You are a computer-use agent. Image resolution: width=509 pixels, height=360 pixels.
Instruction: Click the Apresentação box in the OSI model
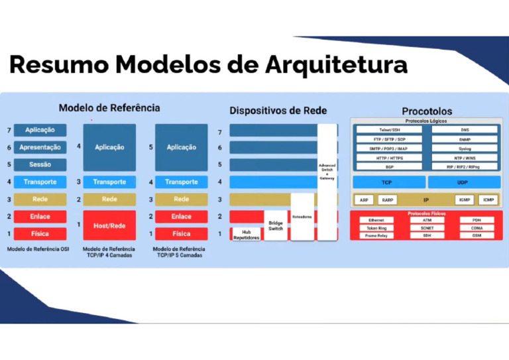click(40, 147)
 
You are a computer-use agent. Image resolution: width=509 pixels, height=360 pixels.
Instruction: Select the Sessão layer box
click(40, 164)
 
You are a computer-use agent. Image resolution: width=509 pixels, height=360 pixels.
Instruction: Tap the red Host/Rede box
click(109, 225)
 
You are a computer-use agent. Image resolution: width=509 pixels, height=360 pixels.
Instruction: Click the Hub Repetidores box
click(246, 234)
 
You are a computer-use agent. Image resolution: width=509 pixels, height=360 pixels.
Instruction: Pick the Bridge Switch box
click(276, 226)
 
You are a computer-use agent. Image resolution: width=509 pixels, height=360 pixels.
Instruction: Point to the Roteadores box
click(302, 217)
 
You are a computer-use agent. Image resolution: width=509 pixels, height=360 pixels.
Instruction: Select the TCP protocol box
click(387, 182)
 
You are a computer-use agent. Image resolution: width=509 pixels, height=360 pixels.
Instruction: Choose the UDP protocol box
click(463, 182)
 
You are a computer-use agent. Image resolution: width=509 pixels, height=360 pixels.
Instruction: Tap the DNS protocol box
click(464, 130)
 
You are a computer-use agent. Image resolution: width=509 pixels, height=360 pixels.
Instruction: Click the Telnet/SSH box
click(389, 130)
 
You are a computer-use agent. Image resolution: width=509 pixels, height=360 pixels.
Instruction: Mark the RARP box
click(388, 200)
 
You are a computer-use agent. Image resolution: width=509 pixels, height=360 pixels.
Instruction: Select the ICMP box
click(488, 200)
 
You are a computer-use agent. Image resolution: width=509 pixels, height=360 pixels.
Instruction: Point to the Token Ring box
click(376, 227)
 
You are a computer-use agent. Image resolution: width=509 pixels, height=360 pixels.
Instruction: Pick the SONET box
click(427, 227)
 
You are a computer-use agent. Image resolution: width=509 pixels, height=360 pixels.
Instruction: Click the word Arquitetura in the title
click(336, 64)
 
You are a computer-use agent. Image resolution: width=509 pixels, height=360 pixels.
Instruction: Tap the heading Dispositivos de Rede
click(278, 110)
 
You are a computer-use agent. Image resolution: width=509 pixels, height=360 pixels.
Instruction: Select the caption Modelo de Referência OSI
click(38, 249)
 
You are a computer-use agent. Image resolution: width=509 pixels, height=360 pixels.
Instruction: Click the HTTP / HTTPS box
click(389, 158)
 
